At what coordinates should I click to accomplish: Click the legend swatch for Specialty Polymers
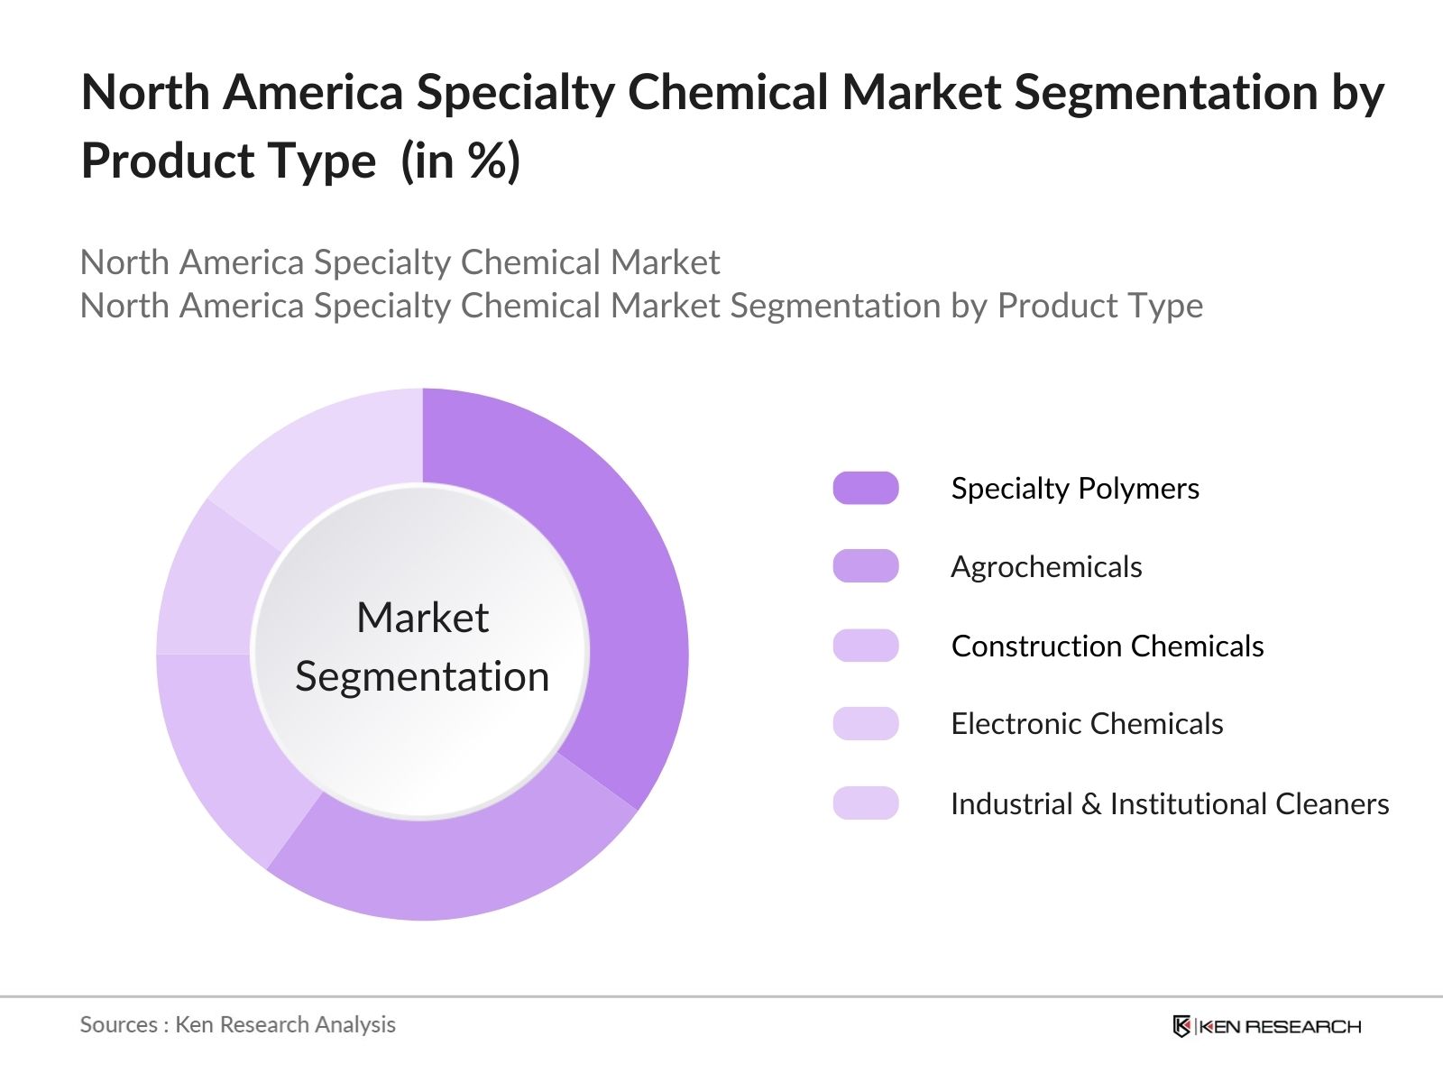[865, 488]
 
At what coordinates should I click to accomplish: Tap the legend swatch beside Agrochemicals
[865, 566]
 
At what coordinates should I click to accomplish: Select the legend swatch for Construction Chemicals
[865, 646]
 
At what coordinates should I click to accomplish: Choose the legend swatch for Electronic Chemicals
[865, 724]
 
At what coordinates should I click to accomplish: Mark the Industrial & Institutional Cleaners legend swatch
[865, 803]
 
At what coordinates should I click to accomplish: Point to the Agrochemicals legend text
[1046, 567]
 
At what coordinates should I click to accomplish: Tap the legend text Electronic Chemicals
[1087, 724]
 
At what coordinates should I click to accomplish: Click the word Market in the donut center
[423, 619]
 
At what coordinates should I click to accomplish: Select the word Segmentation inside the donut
[422, 677]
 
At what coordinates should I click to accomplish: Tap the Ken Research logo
[1266, 1025]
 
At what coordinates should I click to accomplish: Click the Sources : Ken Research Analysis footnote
[237, 1024]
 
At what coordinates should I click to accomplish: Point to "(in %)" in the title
[460, 160]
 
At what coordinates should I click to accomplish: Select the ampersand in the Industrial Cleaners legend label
[1091, 804]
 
